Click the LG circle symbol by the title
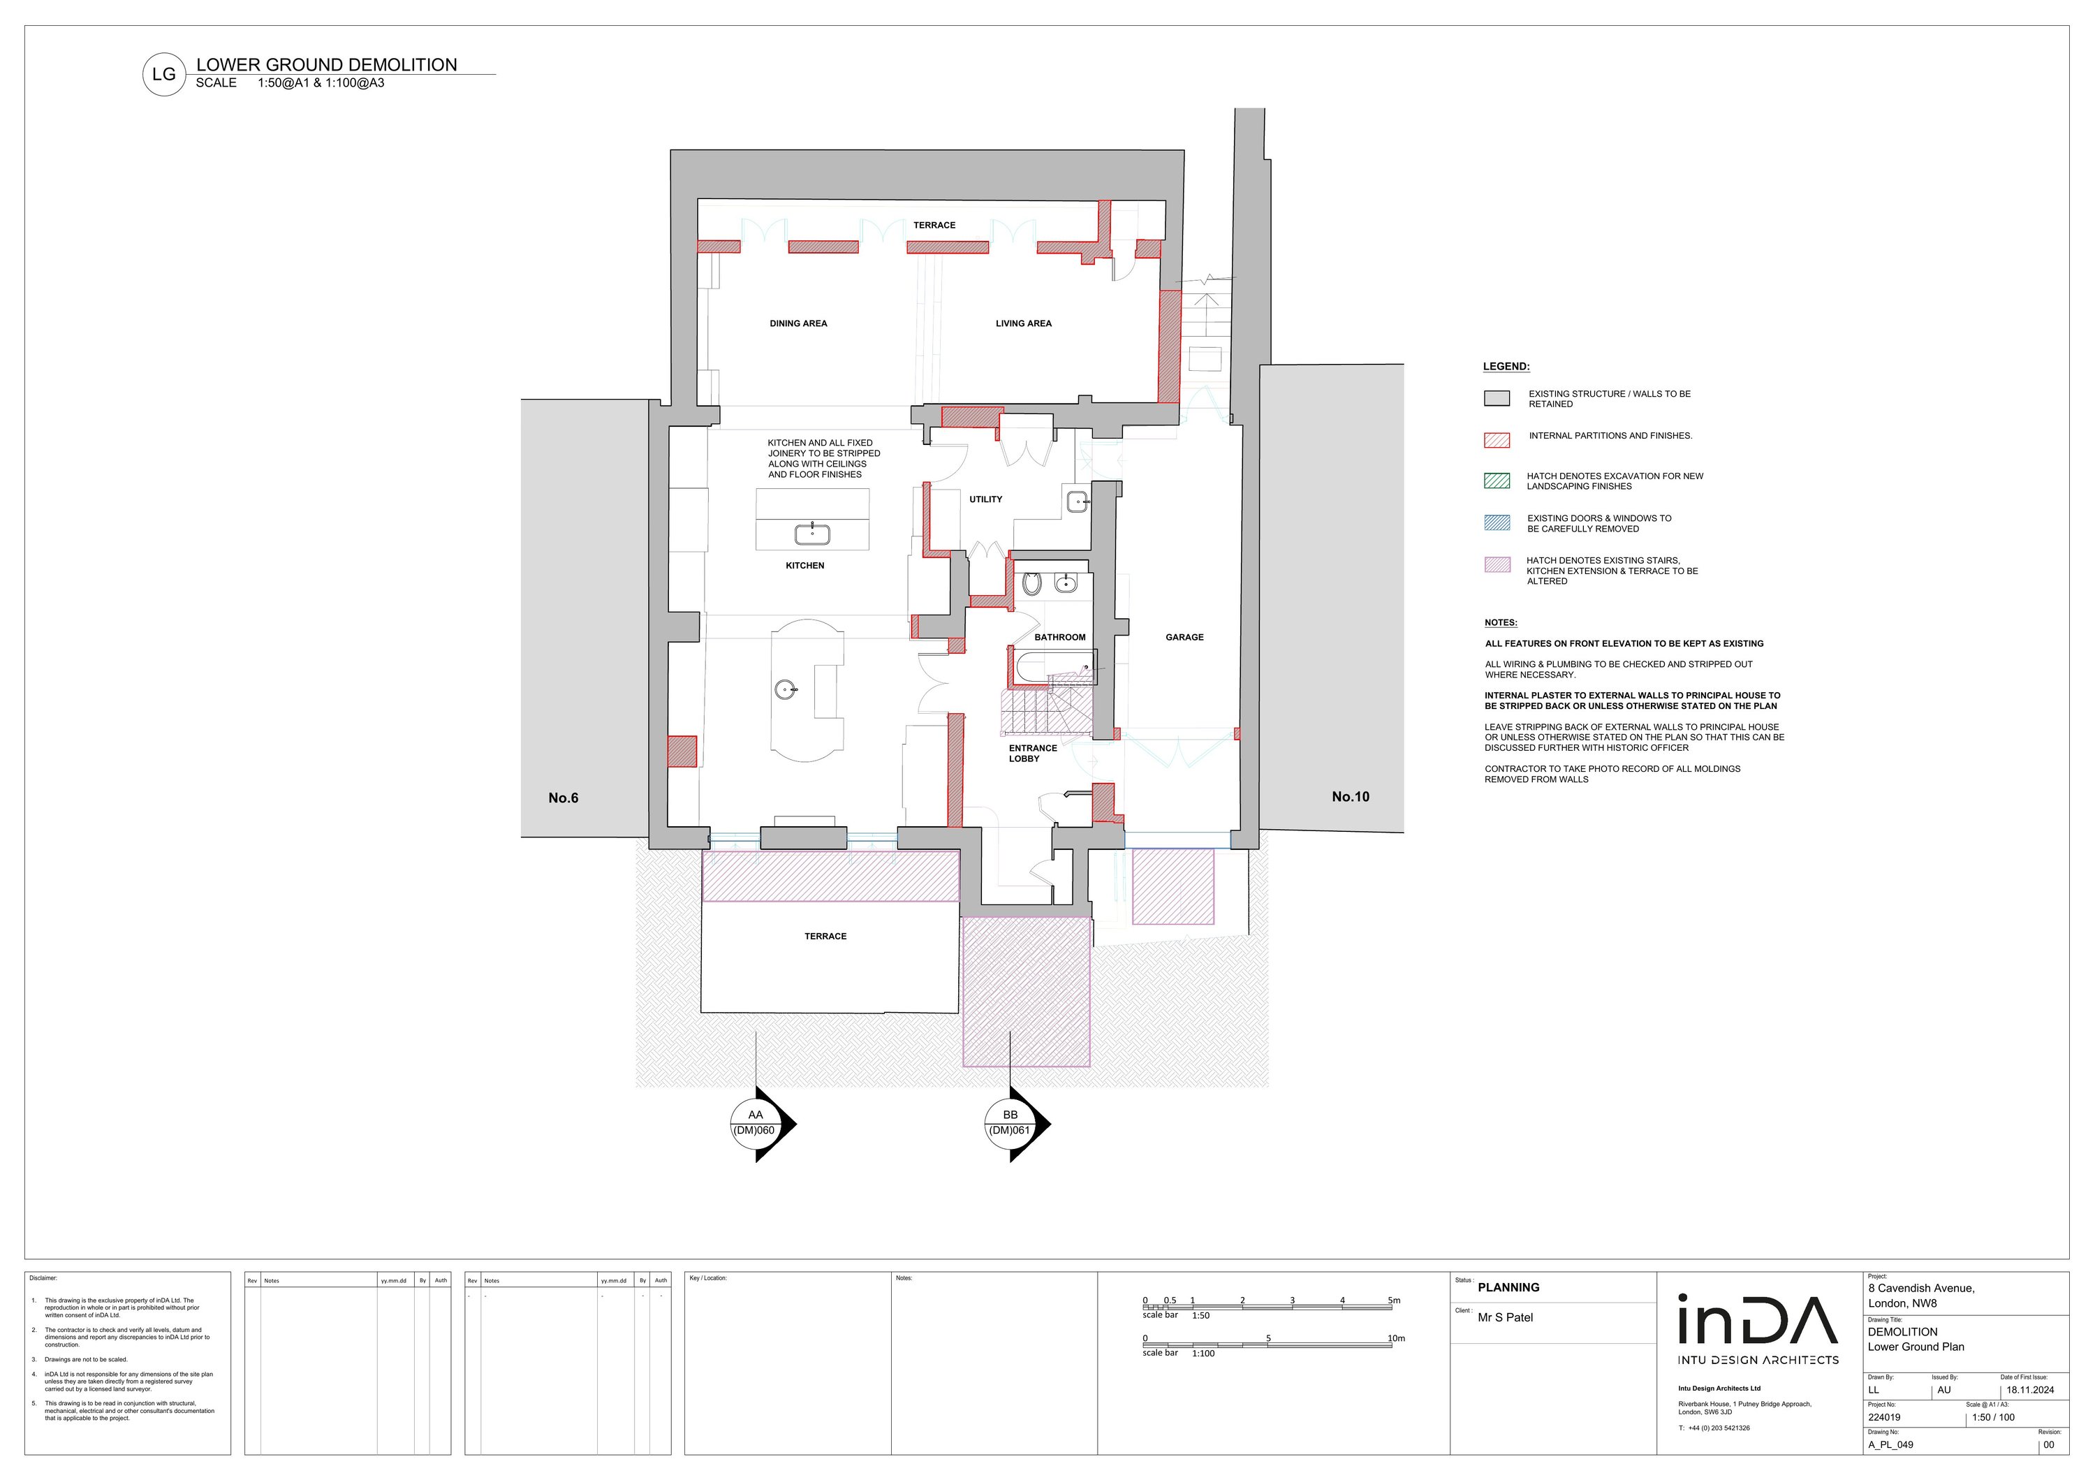pos(164,75)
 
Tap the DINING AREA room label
pos(798,323)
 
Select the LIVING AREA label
pos(1024,323)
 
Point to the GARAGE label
pos(1184,637)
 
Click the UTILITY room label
pos(985,499)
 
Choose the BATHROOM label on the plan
pos(1059,637)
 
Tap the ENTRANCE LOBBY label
pos(1033,753)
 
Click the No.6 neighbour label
pos(563,798)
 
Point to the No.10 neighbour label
pos(1351,796)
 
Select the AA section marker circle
pos(756,1122)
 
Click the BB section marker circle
pos(1010,1122)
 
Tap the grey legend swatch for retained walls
pos(1497,399)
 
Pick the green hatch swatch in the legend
pos(1497,481)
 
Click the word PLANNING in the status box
pos(1508,1287)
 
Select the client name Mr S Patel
pos(1506,1317)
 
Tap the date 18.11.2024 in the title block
pos(2030,1391)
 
